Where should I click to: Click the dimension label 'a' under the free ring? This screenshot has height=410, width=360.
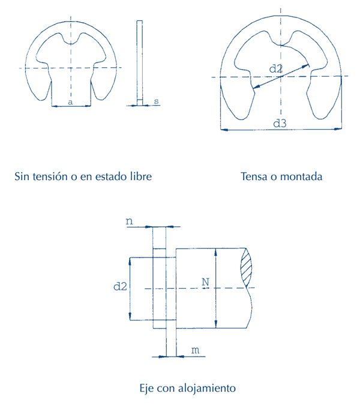[70, 102]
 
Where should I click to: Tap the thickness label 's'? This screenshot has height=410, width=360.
[157, 101]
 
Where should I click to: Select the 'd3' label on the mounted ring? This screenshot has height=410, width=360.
[280, 123]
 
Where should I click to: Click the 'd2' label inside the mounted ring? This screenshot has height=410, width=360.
[276, 69]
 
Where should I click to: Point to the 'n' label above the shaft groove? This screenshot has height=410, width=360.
[130, 222]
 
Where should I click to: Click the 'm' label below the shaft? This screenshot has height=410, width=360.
[195, 350]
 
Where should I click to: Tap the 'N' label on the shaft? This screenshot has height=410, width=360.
[205, 282]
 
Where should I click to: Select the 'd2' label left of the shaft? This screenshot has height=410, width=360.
[120, 286]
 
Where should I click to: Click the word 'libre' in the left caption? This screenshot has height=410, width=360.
[141, 176]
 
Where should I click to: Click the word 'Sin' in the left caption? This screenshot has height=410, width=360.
[22, 176]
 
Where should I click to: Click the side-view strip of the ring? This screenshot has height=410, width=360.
[140, 63]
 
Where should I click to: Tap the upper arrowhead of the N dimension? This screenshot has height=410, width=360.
[215, 252]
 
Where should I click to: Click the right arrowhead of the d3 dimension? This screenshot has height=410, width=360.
[338, 128]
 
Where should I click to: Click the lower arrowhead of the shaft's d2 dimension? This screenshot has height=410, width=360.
[130, 316]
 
